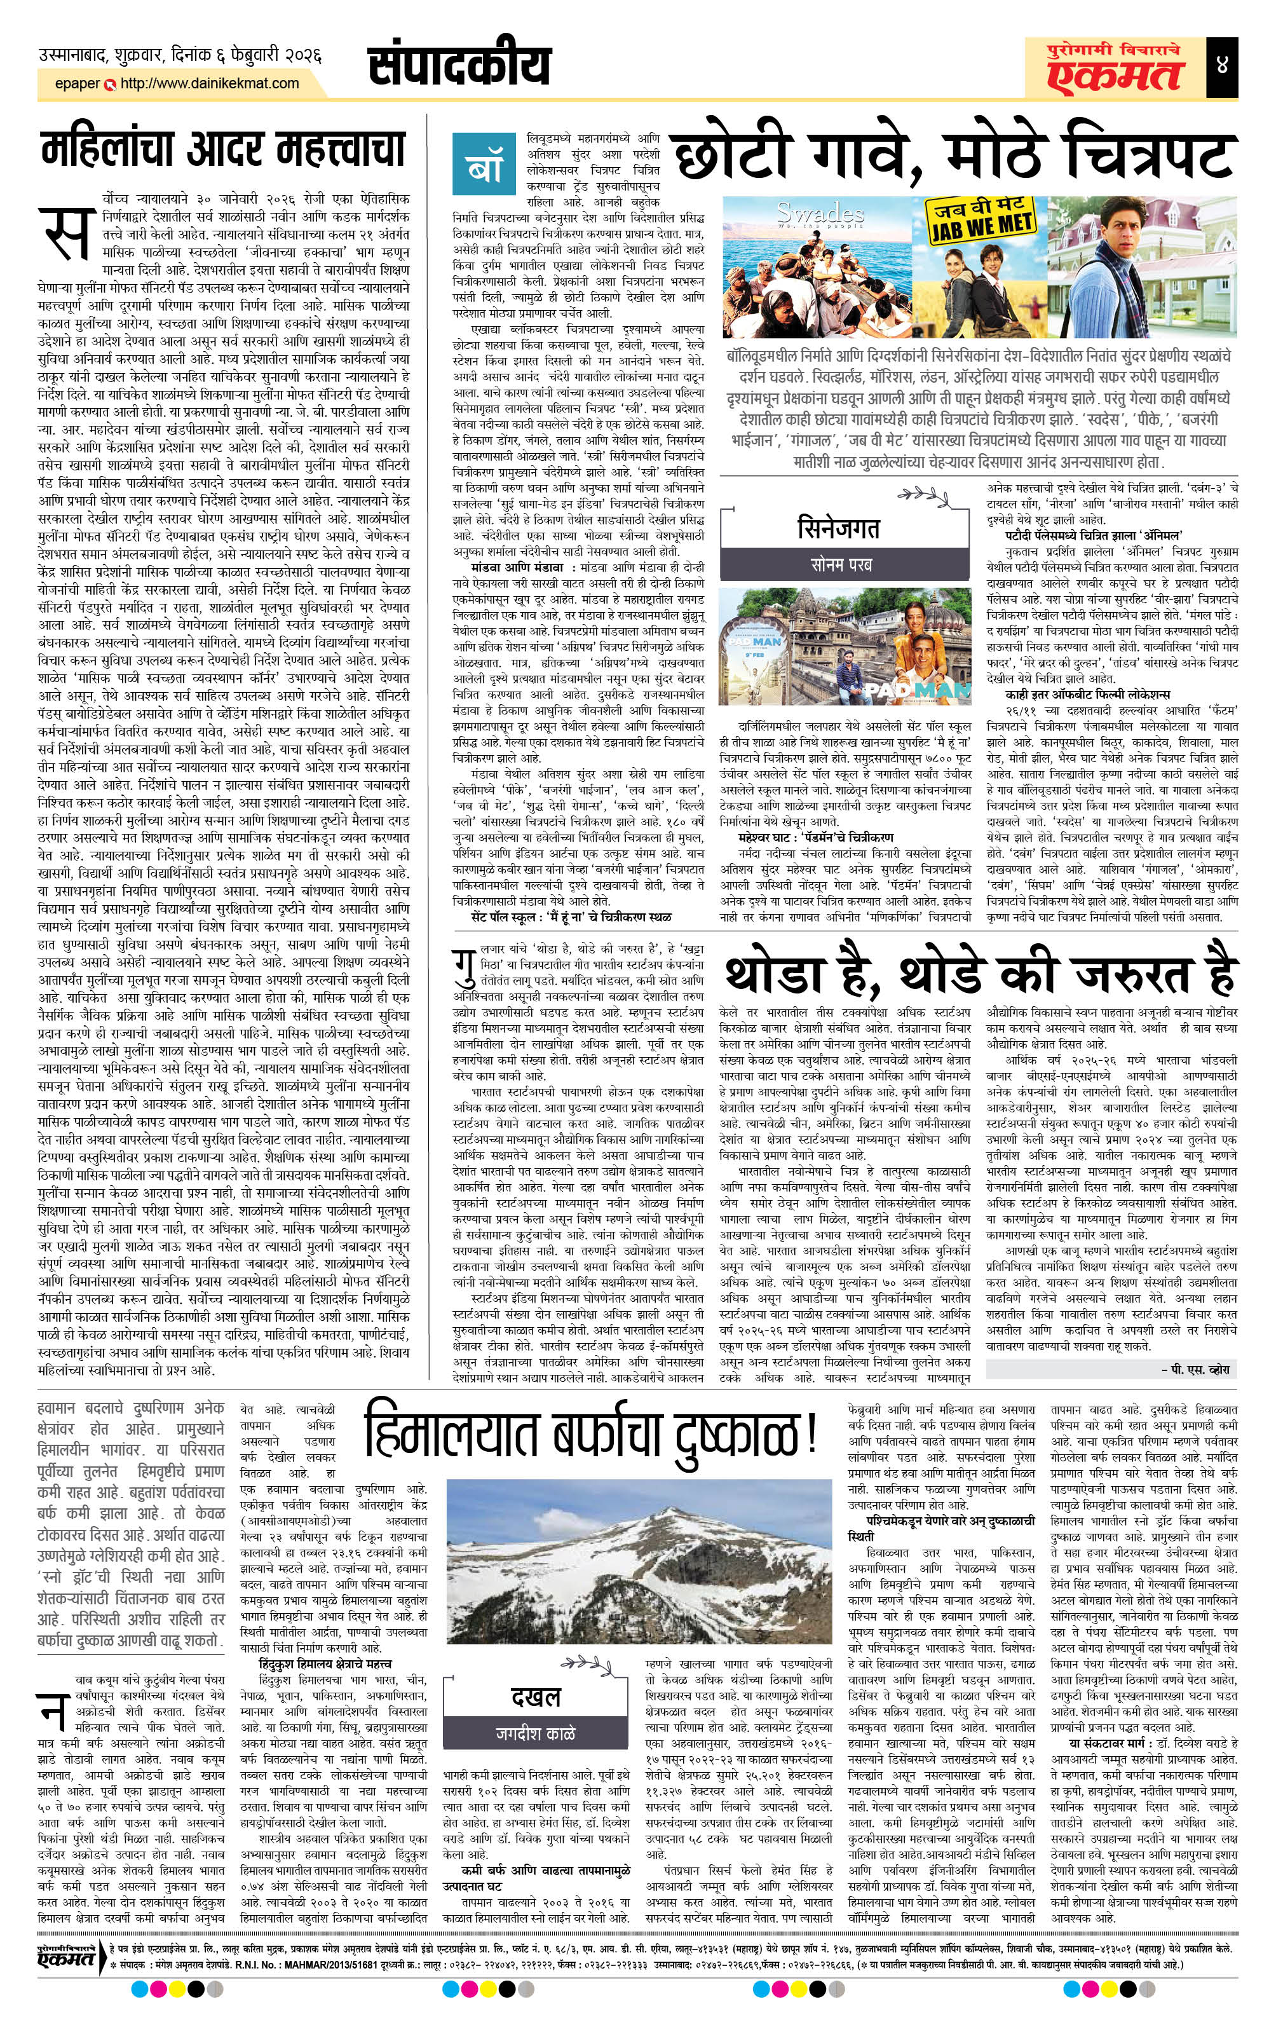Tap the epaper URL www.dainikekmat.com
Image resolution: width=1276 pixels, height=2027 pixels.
pos(210,83)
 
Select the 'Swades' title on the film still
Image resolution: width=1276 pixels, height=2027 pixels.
pos(808,213)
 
